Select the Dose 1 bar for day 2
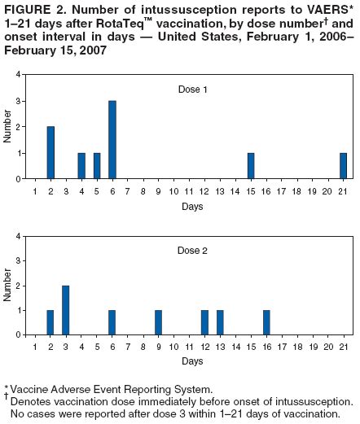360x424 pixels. [50, 152]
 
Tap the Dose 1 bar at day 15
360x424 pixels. [251, 165]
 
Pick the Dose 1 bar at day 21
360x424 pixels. [343, 165]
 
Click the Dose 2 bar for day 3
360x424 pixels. [66, 308]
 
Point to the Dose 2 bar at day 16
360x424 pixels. [266, 321]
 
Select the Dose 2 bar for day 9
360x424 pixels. [158, 321]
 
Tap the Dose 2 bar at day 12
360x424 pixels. [204, 321]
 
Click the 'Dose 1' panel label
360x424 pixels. [192, 88]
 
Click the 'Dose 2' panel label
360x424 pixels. [192, 251]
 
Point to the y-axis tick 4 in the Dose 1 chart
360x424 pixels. [19, 75]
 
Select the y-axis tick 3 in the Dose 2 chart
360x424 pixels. [19, 261]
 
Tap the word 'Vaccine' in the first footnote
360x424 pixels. [29, 390]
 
